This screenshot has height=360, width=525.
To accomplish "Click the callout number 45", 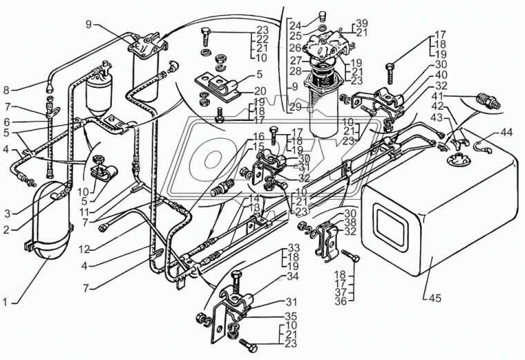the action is (436, 298).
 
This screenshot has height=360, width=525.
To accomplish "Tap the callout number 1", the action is (5, 302).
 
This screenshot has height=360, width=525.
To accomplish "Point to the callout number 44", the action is (507, 133).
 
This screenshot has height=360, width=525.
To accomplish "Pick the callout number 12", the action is (84, 249).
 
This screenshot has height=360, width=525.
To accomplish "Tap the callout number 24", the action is (296, 25).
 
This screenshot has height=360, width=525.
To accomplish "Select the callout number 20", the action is (260, 91).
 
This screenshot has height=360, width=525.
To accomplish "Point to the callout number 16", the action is (258, 136).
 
